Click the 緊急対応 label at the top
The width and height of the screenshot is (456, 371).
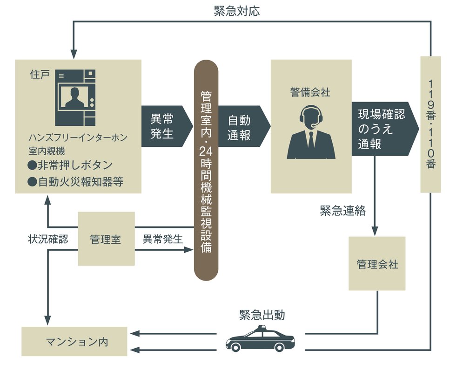(x=237, y=11)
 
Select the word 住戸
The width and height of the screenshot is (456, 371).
(x=39, y=75)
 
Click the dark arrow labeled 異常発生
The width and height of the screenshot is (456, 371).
(x=165, y=126)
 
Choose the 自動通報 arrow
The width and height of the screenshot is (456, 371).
(x=241, y=126)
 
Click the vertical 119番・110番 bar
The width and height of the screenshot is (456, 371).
(x=430, y=124)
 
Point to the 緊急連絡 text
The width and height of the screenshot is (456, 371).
(x=342, y=211)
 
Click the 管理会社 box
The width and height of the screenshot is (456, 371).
(x=377, y=264)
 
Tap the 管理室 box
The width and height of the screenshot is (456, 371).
(x=106, y=239)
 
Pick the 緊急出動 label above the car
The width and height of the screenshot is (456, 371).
(x=262, y=315)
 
